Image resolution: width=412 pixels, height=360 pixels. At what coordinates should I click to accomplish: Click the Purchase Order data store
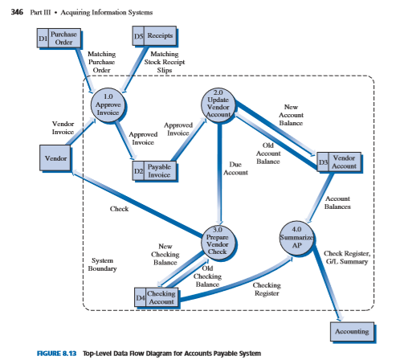pyautogui.click(x=59, y=39)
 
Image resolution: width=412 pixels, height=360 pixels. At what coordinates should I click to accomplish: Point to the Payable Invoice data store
pyautogui.click(x=157, y=170)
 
